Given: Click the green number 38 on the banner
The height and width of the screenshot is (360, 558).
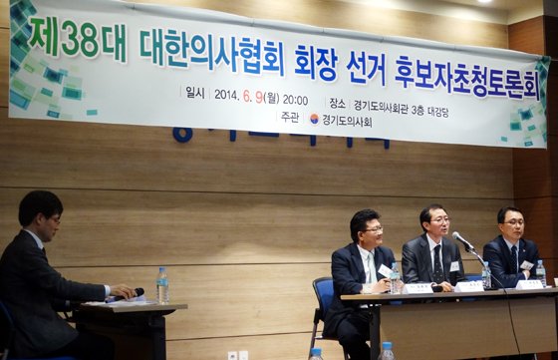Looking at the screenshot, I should (80, 40).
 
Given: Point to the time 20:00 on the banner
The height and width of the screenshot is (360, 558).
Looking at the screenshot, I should (295, 99).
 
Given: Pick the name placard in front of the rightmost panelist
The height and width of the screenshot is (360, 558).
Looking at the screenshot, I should (529, 284).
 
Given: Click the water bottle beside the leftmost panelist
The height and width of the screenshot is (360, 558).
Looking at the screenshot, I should (396, 277).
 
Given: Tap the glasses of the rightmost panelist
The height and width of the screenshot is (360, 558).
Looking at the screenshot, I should (512, 221).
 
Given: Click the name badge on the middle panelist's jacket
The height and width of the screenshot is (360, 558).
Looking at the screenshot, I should (454, 266).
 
